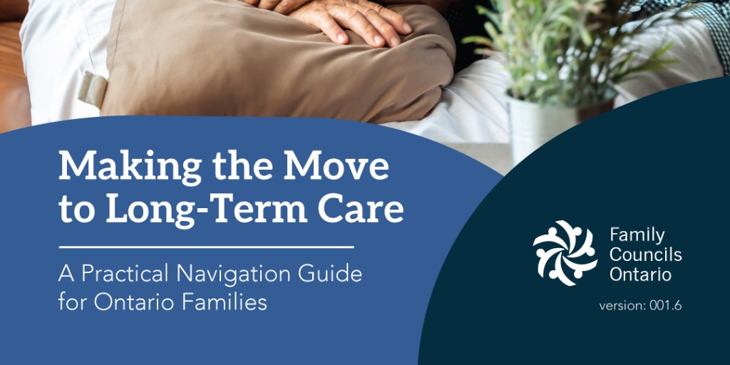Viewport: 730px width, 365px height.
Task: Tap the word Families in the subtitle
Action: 227,302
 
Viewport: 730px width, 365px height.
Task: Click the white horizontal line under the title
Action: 206,247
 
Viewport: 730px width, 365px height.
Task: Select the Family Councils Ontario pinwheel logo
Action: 565,253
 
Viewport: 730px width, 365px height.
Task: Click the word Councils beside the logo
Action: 646,255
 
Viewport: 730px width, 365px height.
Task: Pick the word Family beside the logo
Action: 637,235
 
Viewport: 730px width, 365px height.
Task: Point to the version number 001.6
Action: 666,306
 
